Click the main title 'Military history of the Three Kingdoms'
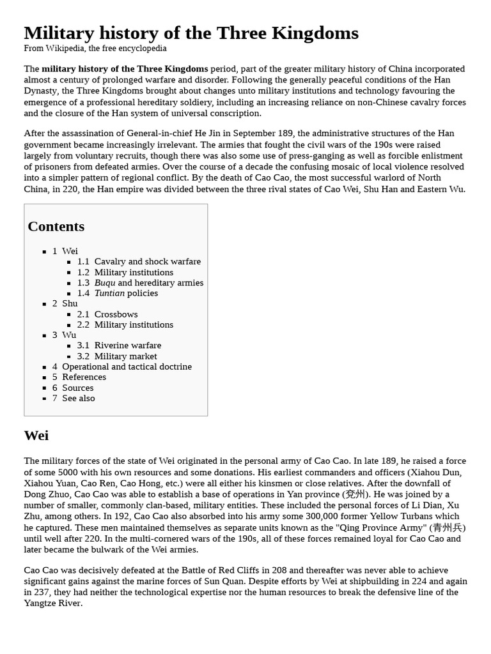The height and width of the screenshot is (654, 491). pyautogui.click(x=191, y=33)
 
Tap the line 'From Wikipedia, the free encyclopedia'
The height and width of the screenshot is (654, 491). pyautogui.click(x=95, y=49)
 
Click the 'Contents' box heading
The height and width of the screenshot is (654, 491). pyautogui.click(x=56, y=227)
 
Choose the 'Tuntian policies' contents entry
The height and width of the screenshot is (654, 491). pyautogui.click(x=126, y=293)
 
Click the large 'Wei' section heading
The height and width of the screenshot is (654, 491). pyautogui.click(x=36, y=436)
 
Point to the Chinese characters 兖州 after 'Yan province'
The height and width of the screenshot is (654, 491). pyautogui.click(x=355, y=494)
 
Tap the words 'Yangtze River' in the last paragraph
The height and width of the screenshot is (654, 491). pyautogui.click(x=53, y=603)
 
